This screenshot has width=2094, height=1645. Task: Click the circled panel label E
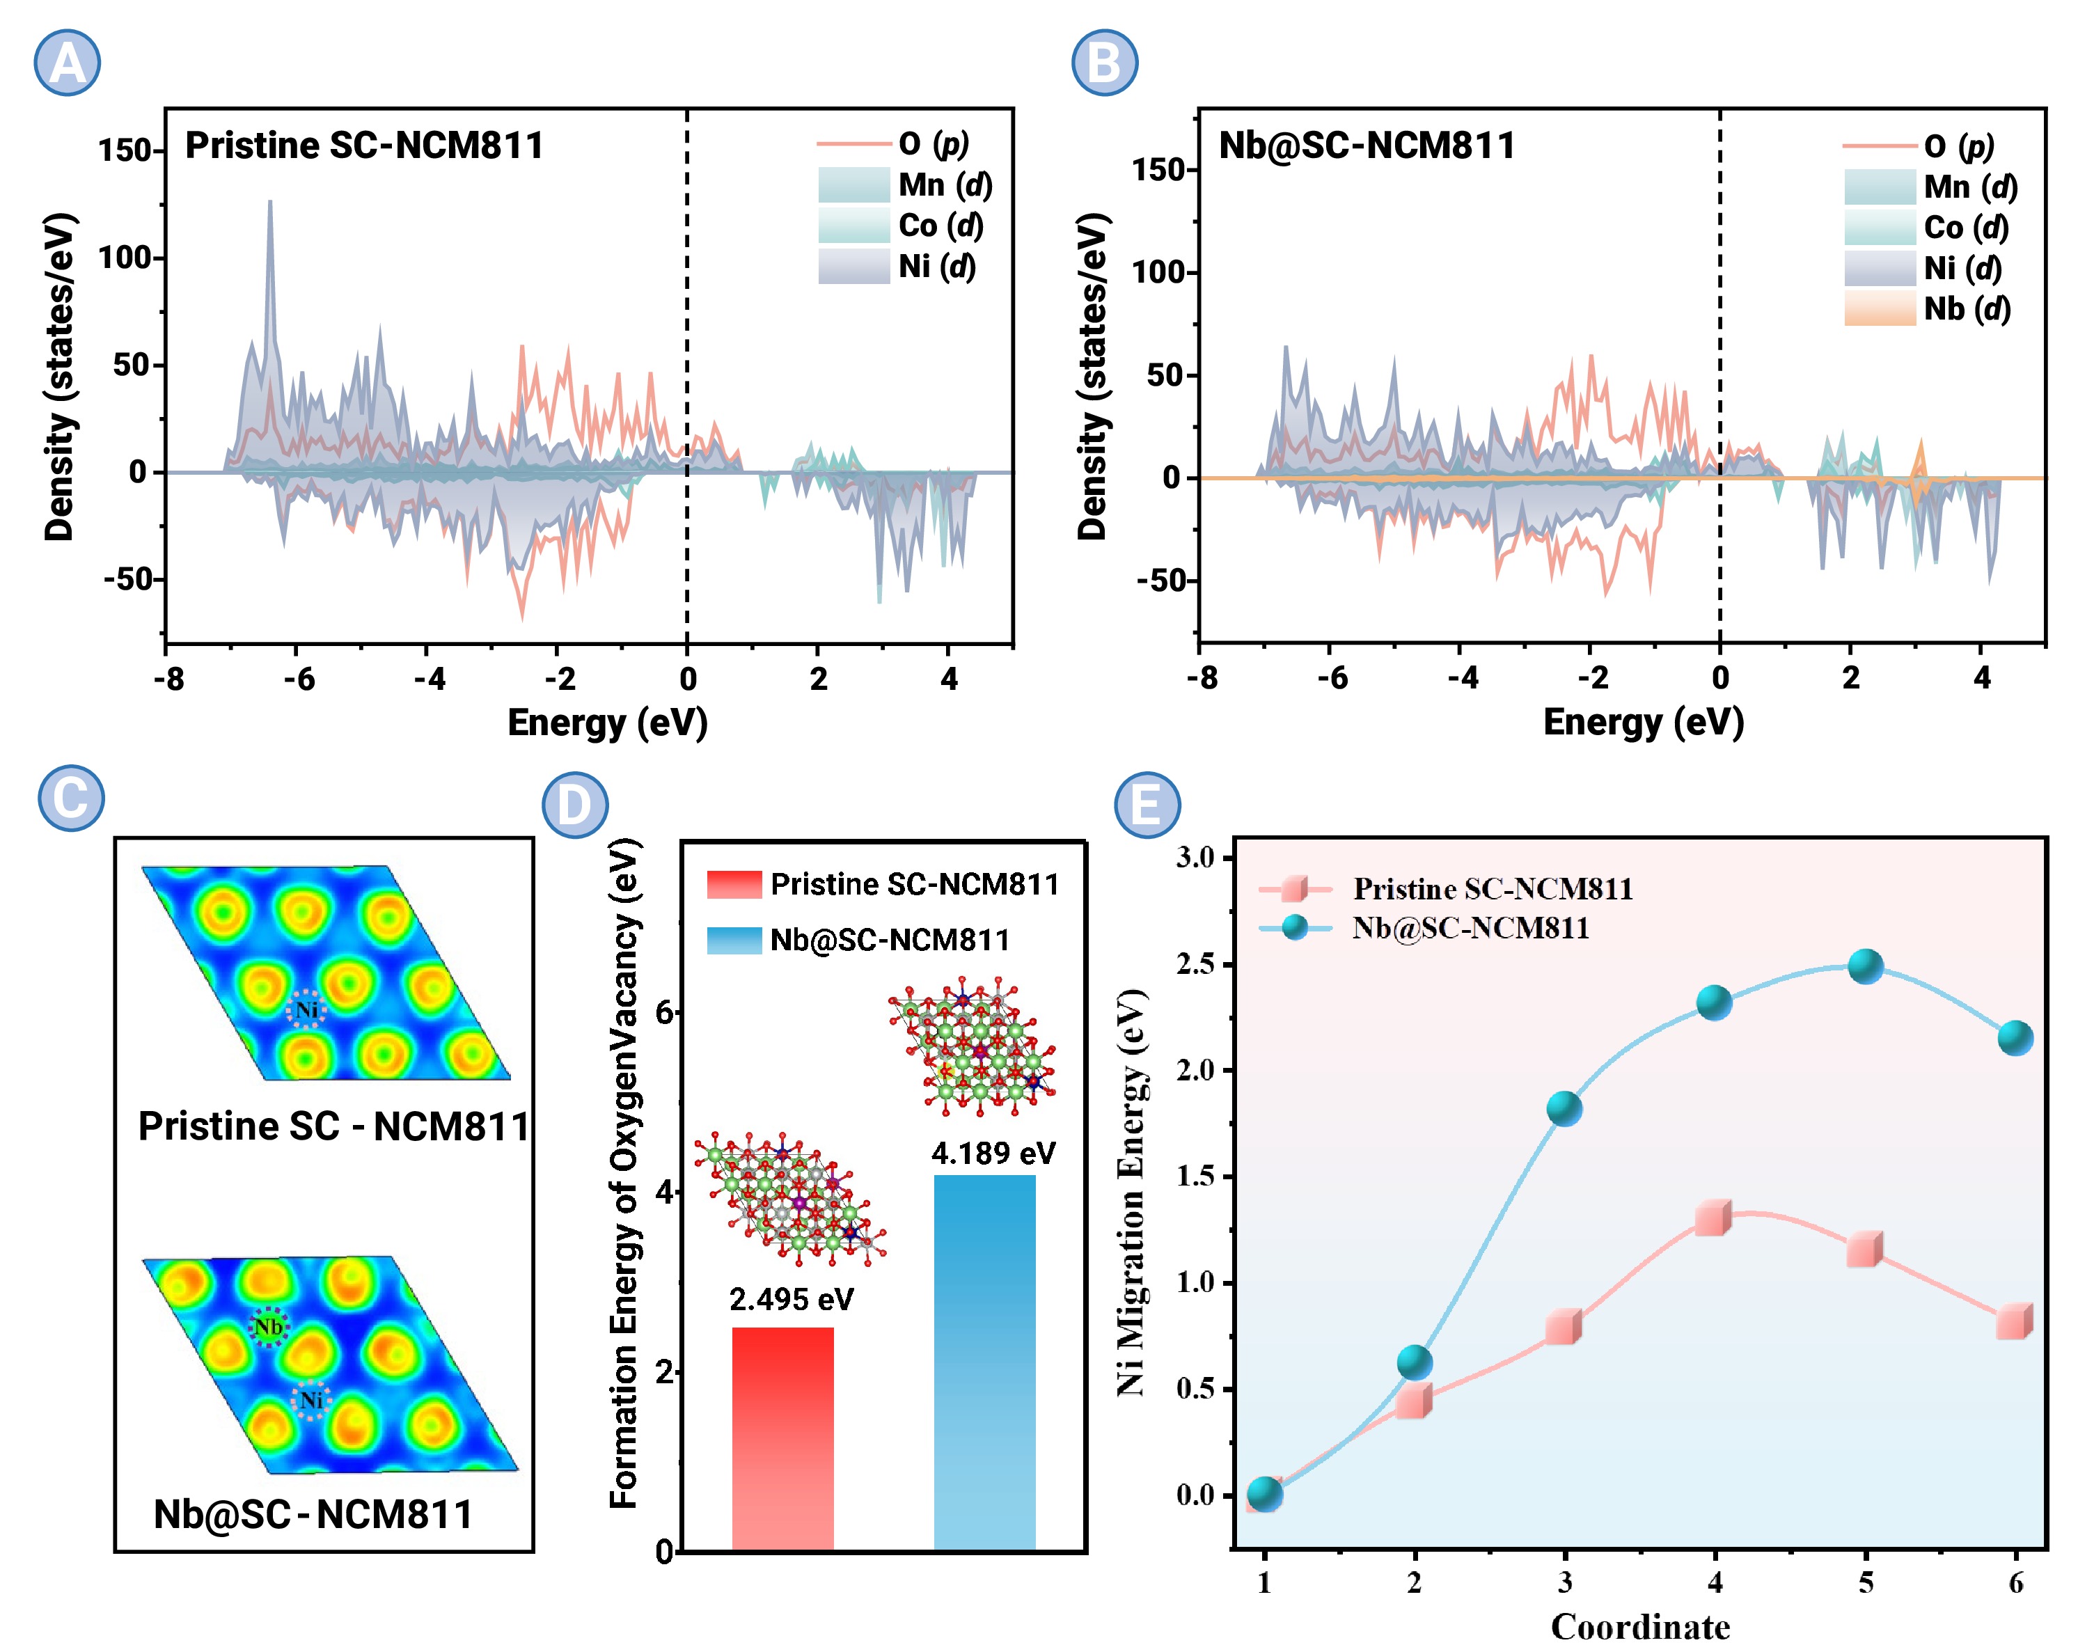pyautogui.click(x=1147, y=803)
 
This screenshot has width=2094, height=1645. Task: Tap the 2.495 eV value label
pyautogui.click(x=791, y=1299)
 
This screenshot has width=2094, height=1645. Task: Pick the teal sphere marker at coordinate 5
pyautogui.click(x=1865, y=966)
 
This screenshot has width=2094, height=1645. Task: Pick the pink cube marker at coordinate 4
pyautogui.click(x=1713, y=1218)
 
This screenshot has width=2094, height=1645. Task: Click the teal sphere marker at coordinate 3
pyautogui.click(x=1564, y=1108)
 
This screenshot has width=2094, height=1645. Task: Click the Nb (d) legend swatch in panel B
pyautogui.click(x=1878, y=309)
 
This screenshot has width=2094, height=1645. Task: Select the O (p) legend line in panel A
pyautogui.click(x=853, y=143)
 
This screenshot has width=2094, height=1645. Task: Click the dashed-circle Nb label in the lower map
pyautogui.click(x=269, y=1327)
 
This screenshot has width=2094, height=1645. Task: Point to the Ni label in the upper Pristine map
pyautogui.click(x=306, y=1009)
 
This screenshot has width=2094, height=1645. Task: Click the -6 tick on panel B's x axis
pyautogui.click(x=1332, y=678)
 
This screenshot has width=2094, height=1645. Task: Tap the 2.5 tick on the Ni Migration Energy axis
pyautogui.click(x=1195, y=964)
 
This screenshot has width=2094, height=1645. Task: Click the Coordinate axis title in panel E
pyautogui.click(x=1639, y=1626)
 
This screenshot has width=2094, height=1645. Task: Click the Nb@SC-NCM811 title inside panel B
pyautogui.click(x=1366, y=145)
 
